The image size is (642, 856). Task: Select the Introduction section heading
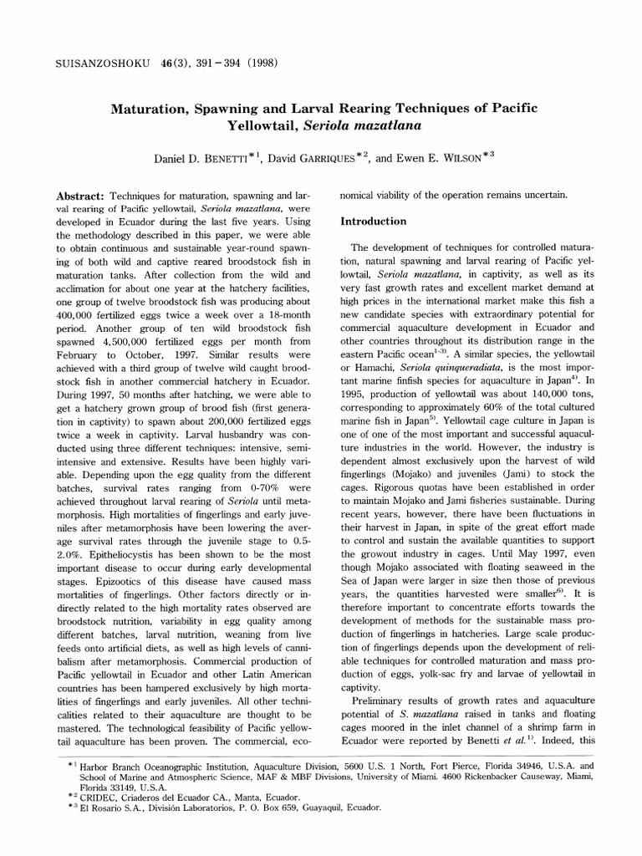tap(372, 222)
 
